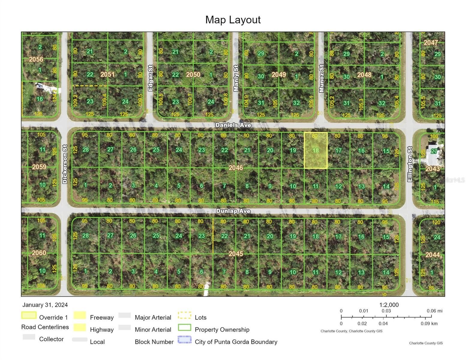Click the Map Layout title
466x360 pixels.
click(233, 20)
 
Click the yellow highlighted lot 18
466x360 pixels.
click(316, 150)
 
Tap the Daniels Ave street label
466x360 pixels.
click(233, 125)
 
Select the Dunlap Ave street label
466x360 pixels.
click(233, 211)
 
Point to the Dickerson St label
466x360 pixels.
click(65, 164)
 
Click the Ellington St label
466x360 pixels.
click(410, 164)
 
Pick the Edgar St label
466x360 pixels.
click(150, 78)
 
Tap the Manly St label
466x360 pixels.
click(236, 78)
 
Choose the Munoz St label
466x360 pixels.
click(321, 78)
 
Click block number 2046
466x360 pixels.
click(236, 168)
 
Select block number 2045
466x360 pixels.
click(236, 254)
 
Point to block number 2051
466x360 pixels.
click(107, 74)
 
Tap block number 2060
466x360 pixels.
click(39, 253)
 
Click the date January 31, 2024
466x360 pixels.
click(45, 305)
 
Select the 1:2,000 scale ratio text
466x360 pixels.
click(389, 305)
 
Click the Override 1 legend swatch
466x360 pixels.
click(29, 315)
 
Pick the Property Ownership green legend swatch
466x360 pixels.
click(185, 327)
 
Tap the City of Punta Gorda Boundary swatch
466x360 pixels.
click(185, 340)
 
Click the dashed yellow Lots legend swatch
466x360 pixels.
click(185, 315)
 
